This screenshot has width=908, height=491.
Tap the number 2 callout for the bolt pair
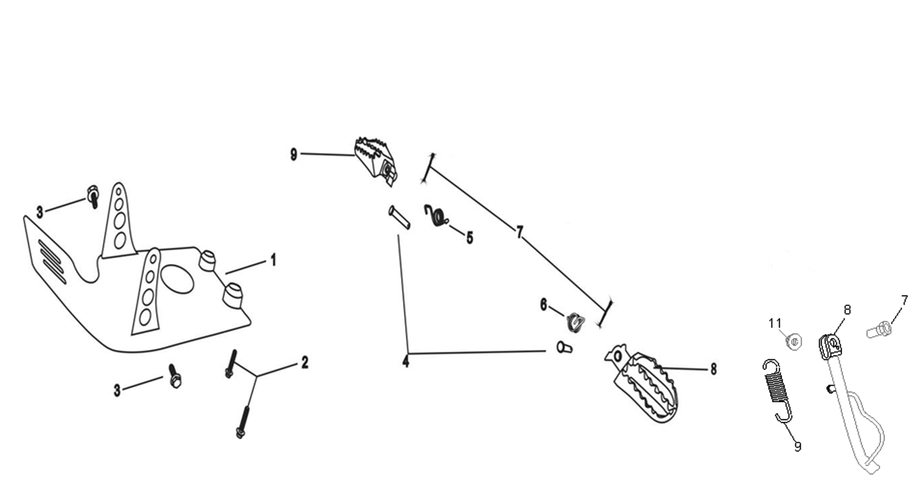(304, 362)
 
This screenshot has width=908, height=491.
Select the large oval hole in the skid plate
(177, 279)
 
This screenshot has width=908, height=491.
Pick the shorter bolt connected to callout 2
(231, 364)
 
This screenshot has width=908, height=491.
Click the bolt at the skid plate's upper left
(93, 196)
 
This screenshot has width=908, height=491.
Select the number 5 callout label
(470, 238)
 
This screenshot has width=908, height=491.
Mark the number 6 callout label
(543, 305)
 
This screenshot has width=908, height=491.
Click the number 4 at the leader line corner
(406, 361)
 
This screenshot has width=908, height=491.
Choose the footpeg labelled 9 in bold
(376, 161)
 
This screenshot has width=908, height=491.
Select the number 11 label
(775, 323)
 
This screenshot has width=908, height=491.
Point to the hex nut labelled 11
(794, 342)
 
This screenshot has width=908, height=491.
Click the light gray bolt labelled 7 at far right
(879, 330)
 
